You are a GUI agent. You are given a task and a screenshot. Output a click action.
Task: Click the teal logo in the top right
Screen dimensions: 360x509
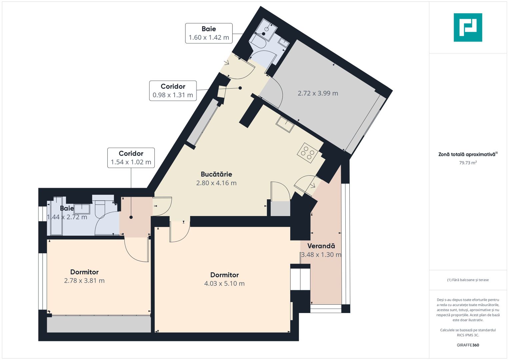tap(468, 27)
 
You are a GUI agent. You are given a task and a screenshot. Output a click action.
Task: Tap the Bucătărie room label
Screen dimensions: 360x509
tap(216, 174)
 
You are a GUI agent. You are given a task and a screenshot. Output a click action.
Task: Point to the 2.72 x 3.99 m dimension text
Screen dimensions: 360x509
tap(318, 93)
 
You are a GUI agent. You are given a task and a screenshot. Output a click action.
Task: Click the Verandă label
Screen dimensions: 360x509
tap(321, 246)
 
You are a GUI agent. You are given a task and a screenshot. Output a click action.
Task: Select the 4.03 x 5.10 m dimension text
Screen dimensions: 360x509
tap(224, 284)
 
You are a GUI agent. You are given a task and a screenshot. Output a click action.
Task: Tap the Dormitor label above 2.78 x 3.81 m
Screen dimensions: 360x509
tap(84, 272)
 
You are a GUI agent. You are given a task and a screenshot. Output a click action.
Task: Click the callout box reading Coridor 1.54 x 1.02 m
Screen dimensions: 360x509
tap(131, 158)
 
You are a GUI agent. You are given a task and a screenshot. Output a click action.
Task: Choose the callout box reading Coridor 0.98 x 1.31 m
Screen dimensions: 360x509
tap(173, 91)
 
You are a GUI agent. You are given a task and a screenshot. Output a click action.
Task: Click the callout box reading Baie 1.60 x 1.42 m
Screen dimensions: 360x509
tap(209, 33)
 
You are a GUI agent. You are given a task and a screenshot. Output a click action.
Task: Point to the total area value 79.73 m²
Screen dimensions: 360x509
tap(468, 163)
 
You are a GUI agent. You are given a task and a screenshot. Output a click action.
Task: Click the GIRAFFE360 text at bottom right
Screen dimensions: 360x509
tap(468, 345)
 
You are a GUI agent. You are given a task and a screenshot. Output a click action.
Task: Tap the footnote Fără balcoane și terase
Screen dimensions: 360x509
tap(468, 280)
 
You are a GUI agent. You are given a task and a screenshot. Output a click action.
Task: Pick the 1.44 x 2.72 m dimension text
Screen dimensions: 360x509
tap(67, 217)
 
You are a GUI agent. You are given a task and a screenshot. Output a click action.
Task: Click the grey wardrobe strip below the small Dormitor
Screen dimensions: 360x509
tap(99, 324)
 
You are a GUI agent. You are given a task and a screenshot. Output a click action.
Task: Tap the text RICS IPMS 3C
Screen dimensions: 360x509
tap(468, 335)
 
